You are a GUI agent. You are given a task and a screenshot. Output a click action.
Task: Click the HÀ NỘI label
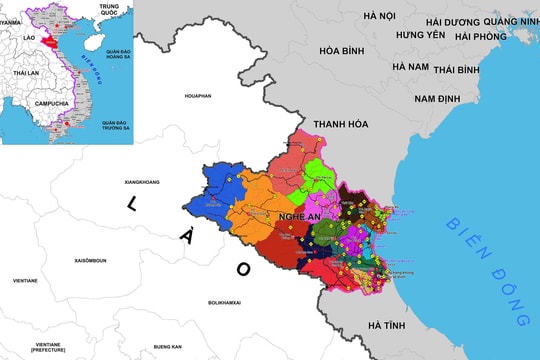tap(380, 16)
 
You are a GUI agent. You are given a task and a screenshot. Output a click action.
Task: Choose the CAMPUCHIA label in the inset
tap(48, 103)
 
